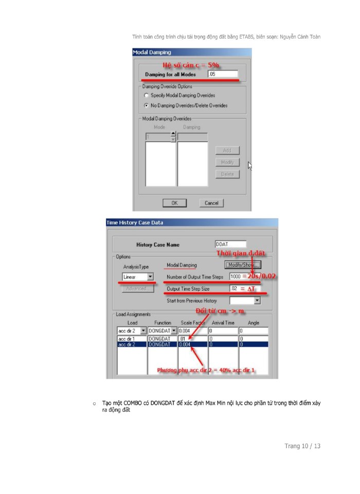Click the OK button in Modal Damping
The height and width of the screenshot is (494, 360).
pyautogui.click(x=174, y=203)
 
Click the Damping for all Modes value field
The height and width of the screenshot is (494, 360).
pyautogui.click(x=222, y=74)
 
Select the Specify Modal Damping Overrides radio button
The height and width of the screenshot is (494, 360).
pyautogui.click(x=147, y=96)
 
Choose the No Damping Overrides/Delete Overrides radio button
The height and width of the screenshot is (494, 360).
pyautogui.click(x=147, y=105)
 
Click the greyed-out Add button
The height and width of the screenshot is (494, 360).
pyautogui.click(x=227, y=150)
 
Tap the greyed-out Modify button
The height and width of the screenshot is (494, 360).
pyautogui.click(x=227, y=162)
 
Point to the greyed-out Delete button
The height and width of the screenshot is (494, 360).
pyautogui.click(x=227, y=174)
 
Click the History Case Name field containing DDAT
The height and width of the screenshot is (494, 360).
pyautogui.click(x=230, y=244)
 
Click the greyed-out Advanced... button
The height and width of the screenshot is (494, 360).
pyautogui.click(x=138, y=289)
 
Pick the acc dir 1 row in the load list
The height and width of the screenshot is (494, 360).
pyautogui.click(x=131, y=339)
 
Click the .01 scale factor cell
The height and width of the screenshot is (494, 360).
pyautogui.click(x=192, y=339)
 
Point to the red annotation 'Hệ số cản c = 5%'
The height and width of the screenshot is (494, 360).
pyautogui.click(x=190, y=65)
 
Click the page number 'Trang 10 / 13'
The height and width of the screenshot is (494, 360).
pyautogui.click(x=302, y=446)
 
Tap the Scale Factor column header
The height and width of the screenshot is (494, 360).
pyautogui.click(x=192, y=323)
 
